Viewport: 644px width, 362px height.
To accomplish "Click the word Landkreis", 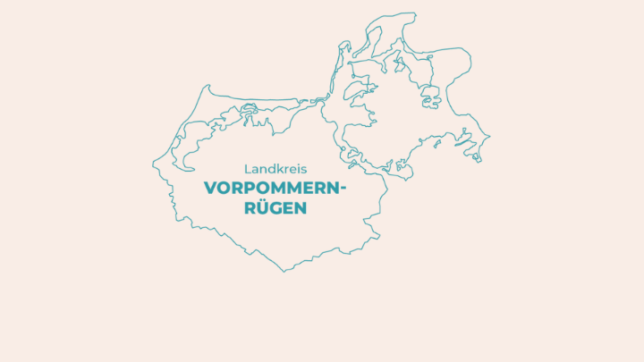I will click(275, 168).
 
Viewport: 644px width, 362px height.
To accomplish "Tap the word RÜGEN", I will click(275, 207).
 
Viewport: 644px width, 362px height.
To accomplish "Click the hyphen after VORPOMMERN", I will click(342, 189).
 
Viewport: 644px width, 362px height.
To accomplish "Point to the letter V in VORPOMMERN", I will click(210, 188).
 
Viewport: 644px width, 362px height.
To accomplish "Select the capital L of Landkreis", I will click(247, 168).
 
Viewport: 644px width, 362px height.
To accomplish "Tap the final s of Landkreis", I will click(304, 168).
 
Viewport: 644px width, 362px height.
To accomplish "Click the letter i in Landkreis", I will click(299, 168).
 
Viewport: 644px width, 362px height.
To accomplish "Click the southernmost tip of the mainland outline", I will click(285, 271).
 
